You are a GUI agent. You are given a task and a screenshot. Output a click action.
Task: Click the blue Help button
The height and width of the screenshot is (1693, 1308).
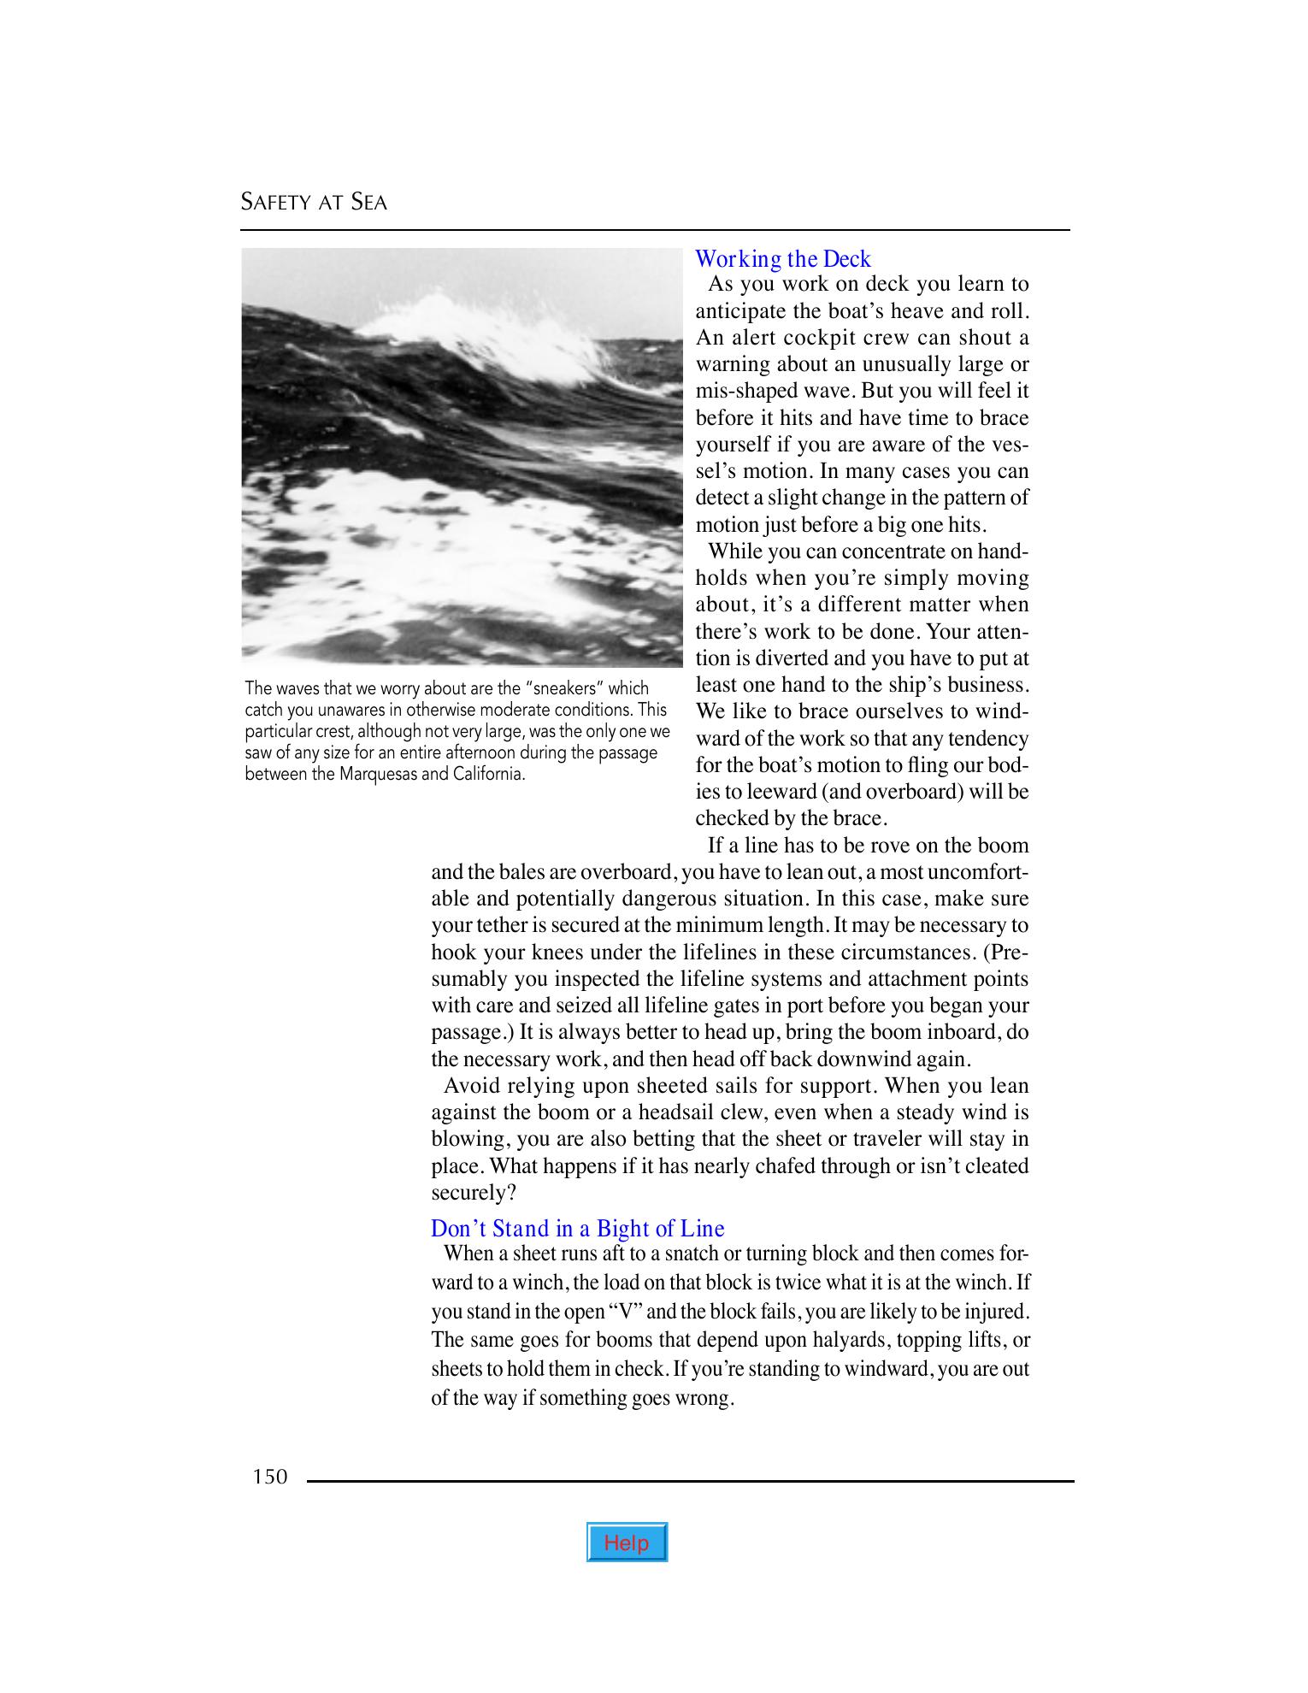pyautogui.click(x=627, y=1543)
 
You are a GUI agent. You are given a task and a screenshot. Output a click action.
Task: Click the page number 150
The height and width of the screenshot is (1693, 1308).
pyautogui.click(x=270, y=1477)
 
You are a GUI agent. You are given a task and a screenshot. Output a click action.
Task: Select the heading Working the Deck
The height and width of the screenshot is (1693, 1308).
pyautogui.click(x=782, y=259)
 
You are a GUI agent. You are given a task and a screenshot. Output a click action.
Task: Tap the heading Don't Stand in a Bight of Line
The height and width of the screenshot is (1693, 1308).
pyautogui.click(x=577, y=1229)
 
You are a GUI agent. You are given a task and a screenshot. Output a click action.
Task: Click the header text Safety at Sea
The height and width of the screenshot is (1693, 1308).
pyautogui.click(x=314, y=203)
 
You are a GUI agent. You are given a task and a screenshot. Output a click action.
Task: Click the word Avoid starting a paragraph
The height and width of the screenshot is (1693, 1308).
pyautogui.click(x=469, y=1086)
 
